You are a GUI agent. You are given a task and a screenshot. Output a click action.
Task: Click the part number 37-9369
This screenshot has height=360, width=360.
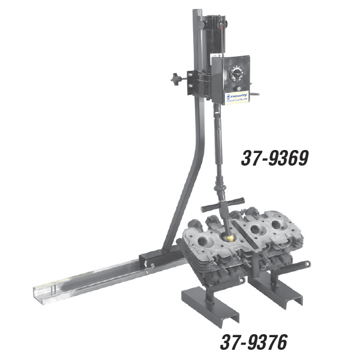pyautogui.click(x=274, y=158)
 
